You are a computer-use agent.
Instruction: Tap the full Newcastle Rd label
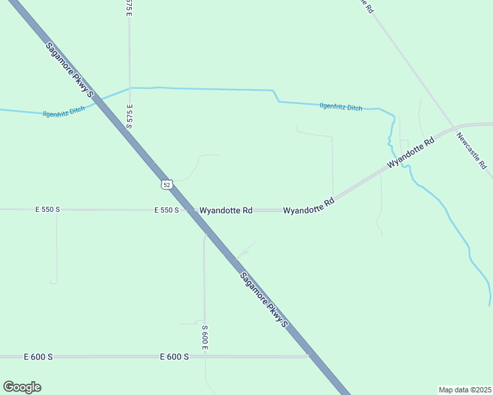[x=472, y=151]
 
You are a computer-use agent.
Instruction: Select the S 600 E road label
[x=205, y=336]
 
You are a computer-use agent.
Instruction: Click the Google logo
[x=22, y=387]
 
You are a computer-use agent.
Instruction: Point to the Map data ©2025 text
[x=465, y=389]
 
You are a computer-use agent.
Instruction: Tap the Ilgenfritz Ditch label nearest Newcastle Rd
[x=341, y=107]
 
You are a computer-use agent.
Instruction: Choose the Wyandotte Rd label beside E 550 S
[x=226, y=211]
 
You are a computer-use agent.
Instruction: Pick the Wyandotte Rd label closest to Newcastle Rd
[x=411, y=152]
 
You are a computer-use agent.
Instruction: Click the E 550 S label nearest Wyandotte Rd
[x=167, y=210]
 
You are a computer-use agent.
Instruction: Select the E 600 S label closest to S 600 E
[x=175, y=356]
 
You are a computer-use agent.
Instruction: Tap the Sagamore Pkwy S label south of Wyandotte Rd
[x=264, y=300]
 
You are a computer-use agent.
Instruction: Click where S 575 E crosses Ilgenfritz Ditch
[x=130, y=88]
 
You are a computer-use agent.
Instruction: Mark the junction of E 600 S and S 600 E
[x=205, y=356]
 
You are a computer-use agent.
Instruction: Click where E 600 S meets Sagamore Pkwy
[x=310, y=356]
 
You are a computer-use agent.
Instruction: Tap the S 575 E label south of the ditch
[x=130, y=117]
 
